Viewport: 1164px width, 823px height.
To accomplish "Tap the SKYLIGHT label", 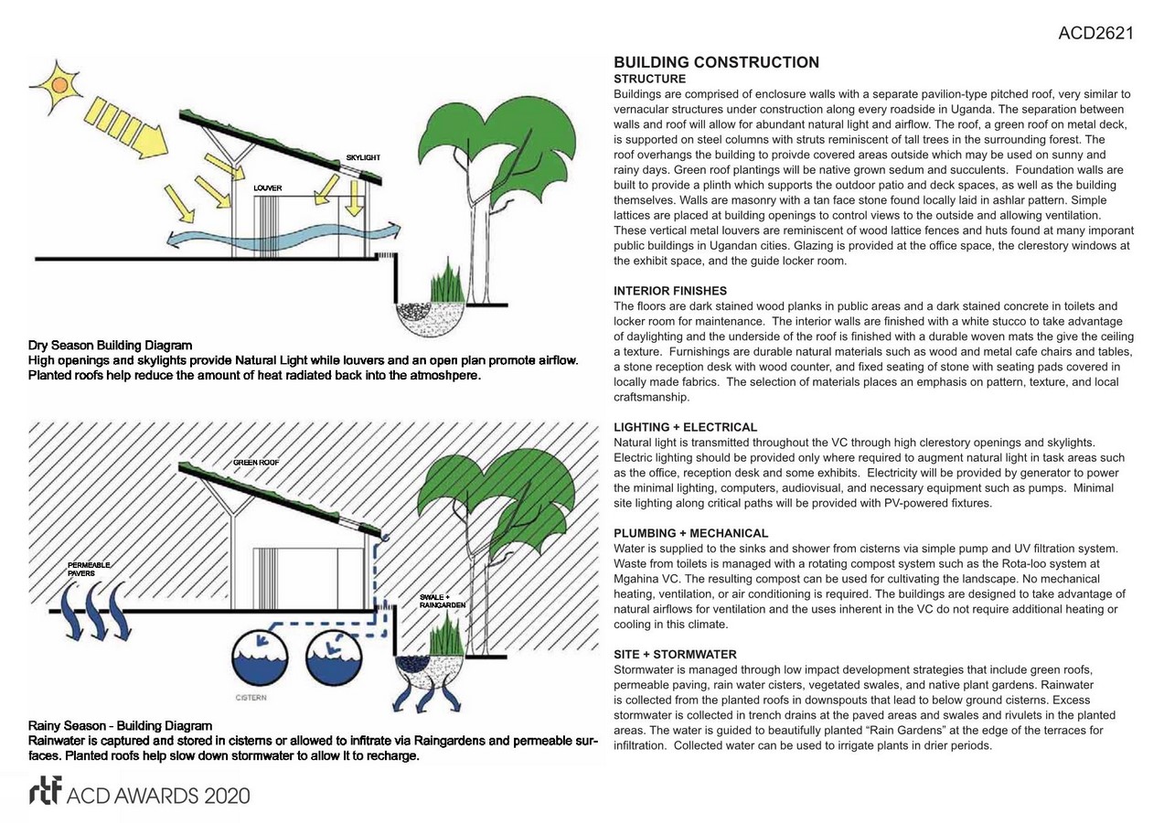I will pos(363,158).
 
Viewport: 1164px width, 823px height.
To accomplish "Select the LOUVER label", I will pos(268,188).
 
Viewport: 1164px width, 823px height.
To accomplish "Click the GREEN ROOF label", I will pos(256,463).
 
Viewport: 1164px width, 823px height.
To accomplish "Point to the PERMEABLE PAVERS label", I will pos(89,569).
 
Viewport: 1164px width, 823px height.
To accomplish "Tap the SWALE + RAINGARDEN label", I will pos(443,601).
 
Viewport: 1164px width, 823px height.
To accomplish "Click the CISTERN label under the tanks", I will pos(251,698).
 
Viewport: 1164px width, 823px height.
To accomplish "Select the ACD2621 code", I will pos(1095,34).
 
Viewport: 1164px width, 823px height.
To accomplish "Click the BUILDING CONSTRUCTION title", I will pos(716,62).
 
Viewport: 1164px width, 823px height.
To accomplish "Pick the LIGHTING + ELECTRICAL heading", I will pos(685,427).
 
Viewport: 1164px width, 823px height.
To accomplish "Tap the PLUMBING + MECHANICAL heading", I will pos(690,533).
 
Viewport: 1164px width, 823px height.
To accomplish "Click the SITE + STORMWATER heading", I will pos(675,655).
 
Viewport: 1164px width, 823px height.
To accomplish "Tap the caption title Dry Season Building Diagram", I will pos(111,346).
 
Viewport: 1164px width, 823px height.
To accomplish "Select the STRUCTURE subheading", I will pos(649,80).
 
